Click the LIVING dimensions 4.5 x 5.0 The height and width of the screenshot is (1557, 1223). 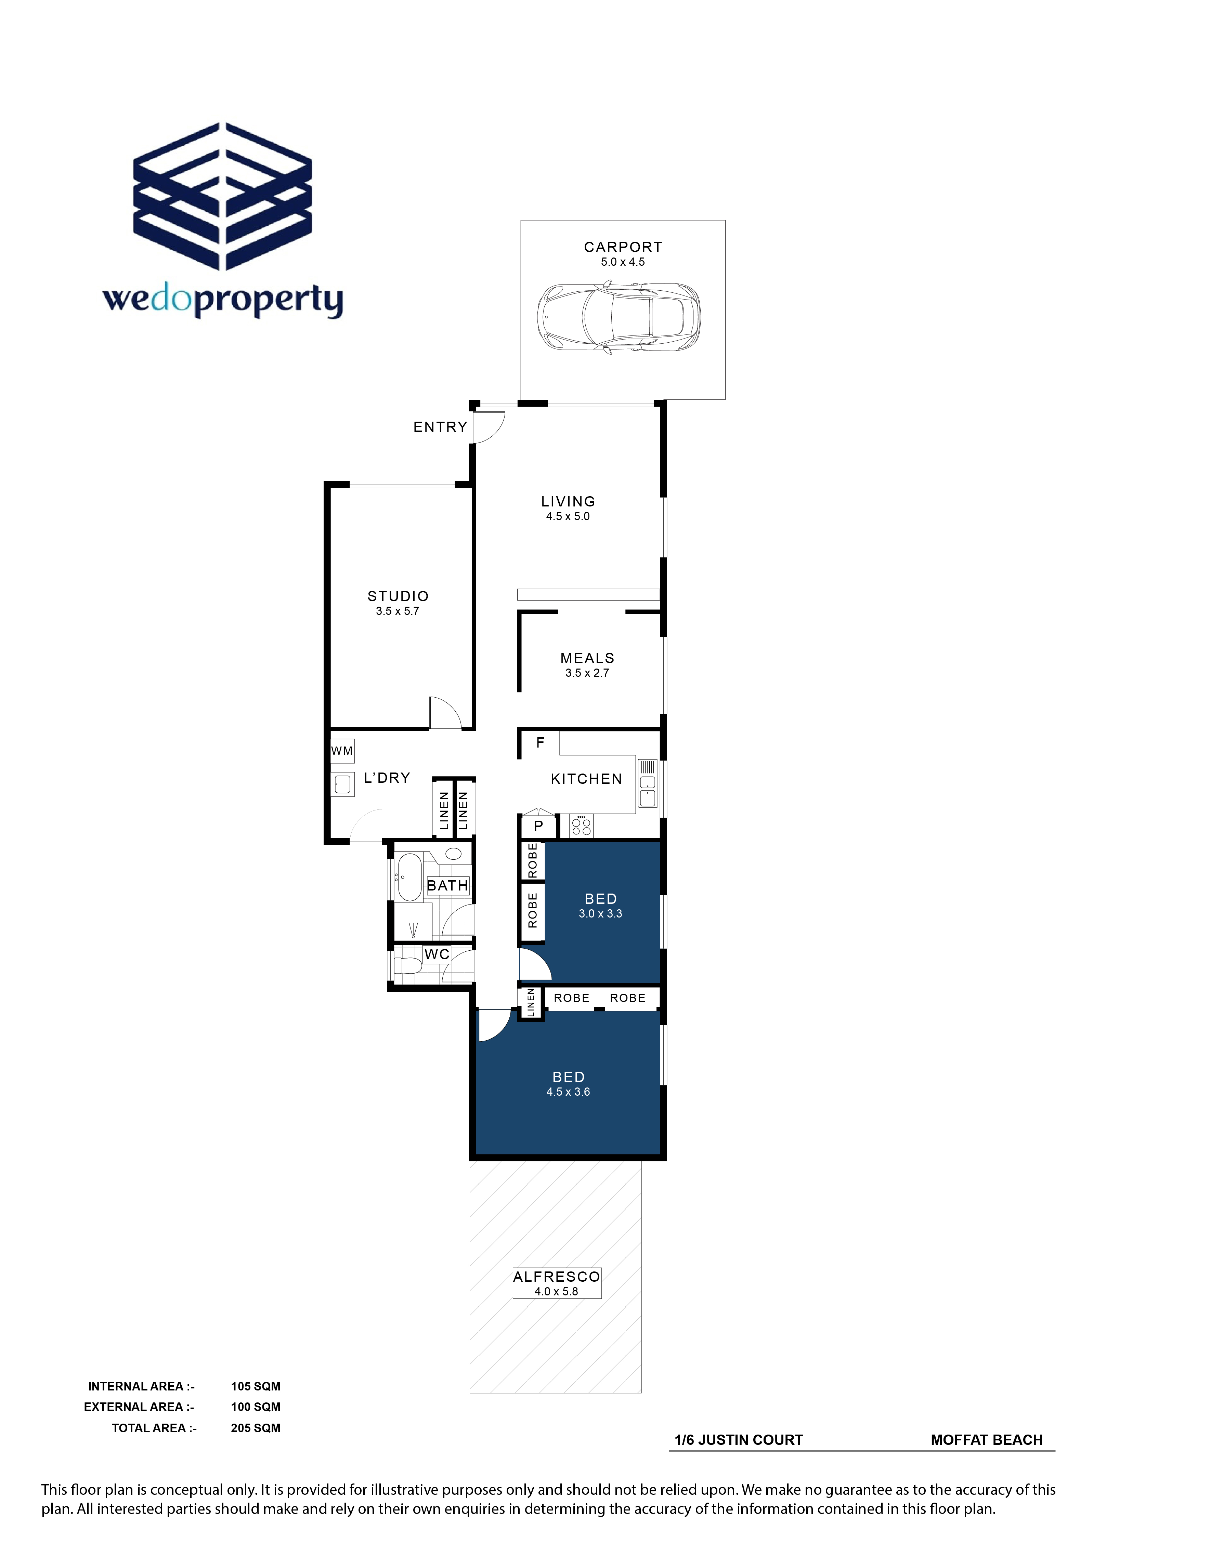click(568, 516)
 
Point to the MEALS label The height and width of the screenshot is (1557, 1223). click(587, 658)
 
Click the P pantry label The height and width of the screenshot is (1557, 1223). click(538, 826)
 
